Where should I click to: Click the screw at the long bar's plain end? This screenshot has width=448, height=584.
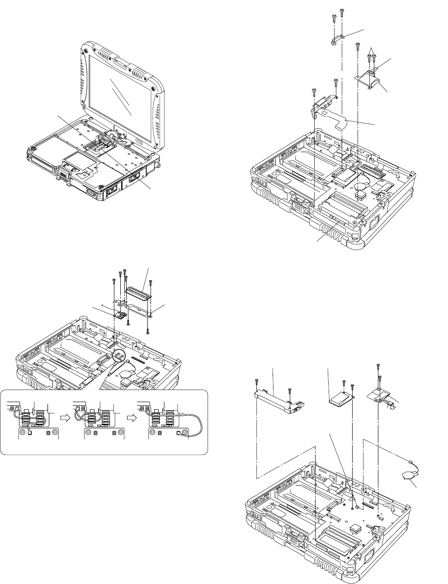click(257, 382)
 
